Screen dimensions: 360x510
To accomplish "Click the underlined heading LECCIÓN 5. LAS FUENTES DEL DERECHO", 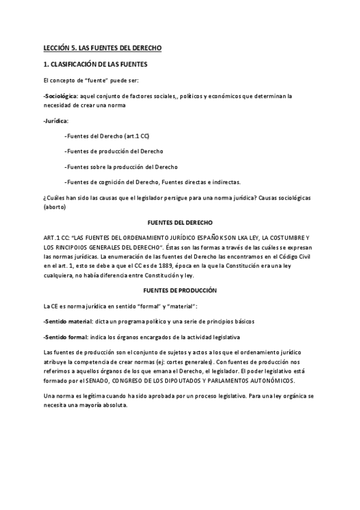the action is [x=103, y=48].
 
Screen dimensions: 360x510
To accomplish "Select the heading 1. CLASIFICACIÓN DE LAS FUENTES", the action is [x=95, y=64].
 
